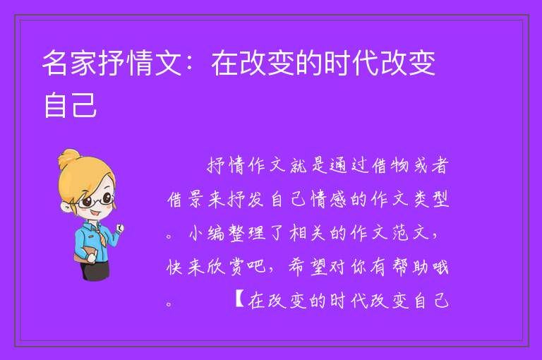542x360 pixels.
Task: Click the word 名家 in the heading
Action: (x=70, y=63)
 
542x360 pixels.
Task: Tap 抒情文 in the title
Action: (x=140, y=63)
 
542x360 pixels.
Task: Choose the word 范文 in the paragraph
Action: (x=410, y=233)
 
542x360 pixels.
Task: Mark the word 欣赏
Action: (x=225, y=267)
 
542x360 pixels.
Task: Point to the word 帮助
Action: (x=410, y=267)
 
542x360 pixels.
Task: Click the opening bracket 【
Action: (x=239, y=300)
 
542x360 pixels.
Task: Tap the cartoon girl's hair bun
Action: (x=68, y=157)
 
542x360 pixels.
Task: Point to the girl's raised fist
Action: (x=119, y=227)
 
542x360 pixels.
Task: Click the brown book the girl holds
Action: (x=84, y=256)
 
